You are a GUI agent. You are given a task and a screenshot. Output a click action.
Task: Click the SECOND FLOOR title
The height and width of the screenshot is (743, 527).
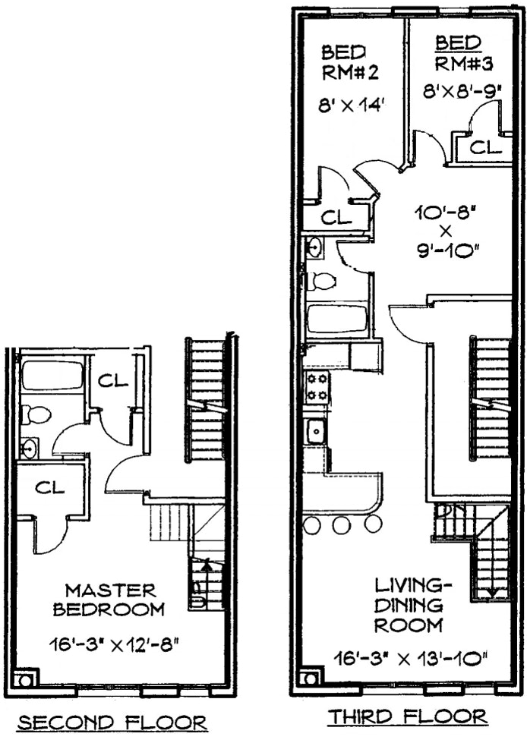click(112, 722)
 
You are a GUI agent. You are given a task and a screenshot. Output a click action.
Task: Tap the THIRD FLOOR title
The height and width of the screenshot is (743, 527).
click(406, 716)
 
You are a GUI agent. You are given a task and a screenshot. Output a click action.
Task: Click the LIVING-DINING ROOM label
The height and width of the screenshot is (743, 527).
click(409, 605)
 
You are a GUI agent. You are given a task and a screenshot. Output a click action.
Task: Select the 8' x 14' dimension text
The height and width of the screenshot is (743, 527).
click(354, 105)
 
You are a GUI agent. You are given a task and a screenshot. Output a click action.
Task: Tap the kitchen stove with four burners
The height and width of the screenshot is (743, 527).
click(317, 387)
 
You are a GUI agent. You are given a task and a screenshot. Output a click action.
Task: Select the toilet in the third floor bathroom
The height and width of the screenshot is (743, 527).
click(323, 282)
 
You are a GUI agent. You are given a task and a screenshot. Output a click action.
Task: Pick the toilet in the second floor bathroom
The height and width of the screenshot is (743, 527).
click(36, 414)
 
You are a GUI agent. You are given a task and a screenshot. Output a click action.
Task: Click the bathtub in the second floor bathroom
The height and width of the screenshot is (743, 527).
click(52, 375)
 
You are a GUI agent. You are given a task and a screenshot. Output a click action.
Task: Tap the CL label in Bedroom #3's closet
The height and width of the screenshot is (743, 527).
click(485, 147)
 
